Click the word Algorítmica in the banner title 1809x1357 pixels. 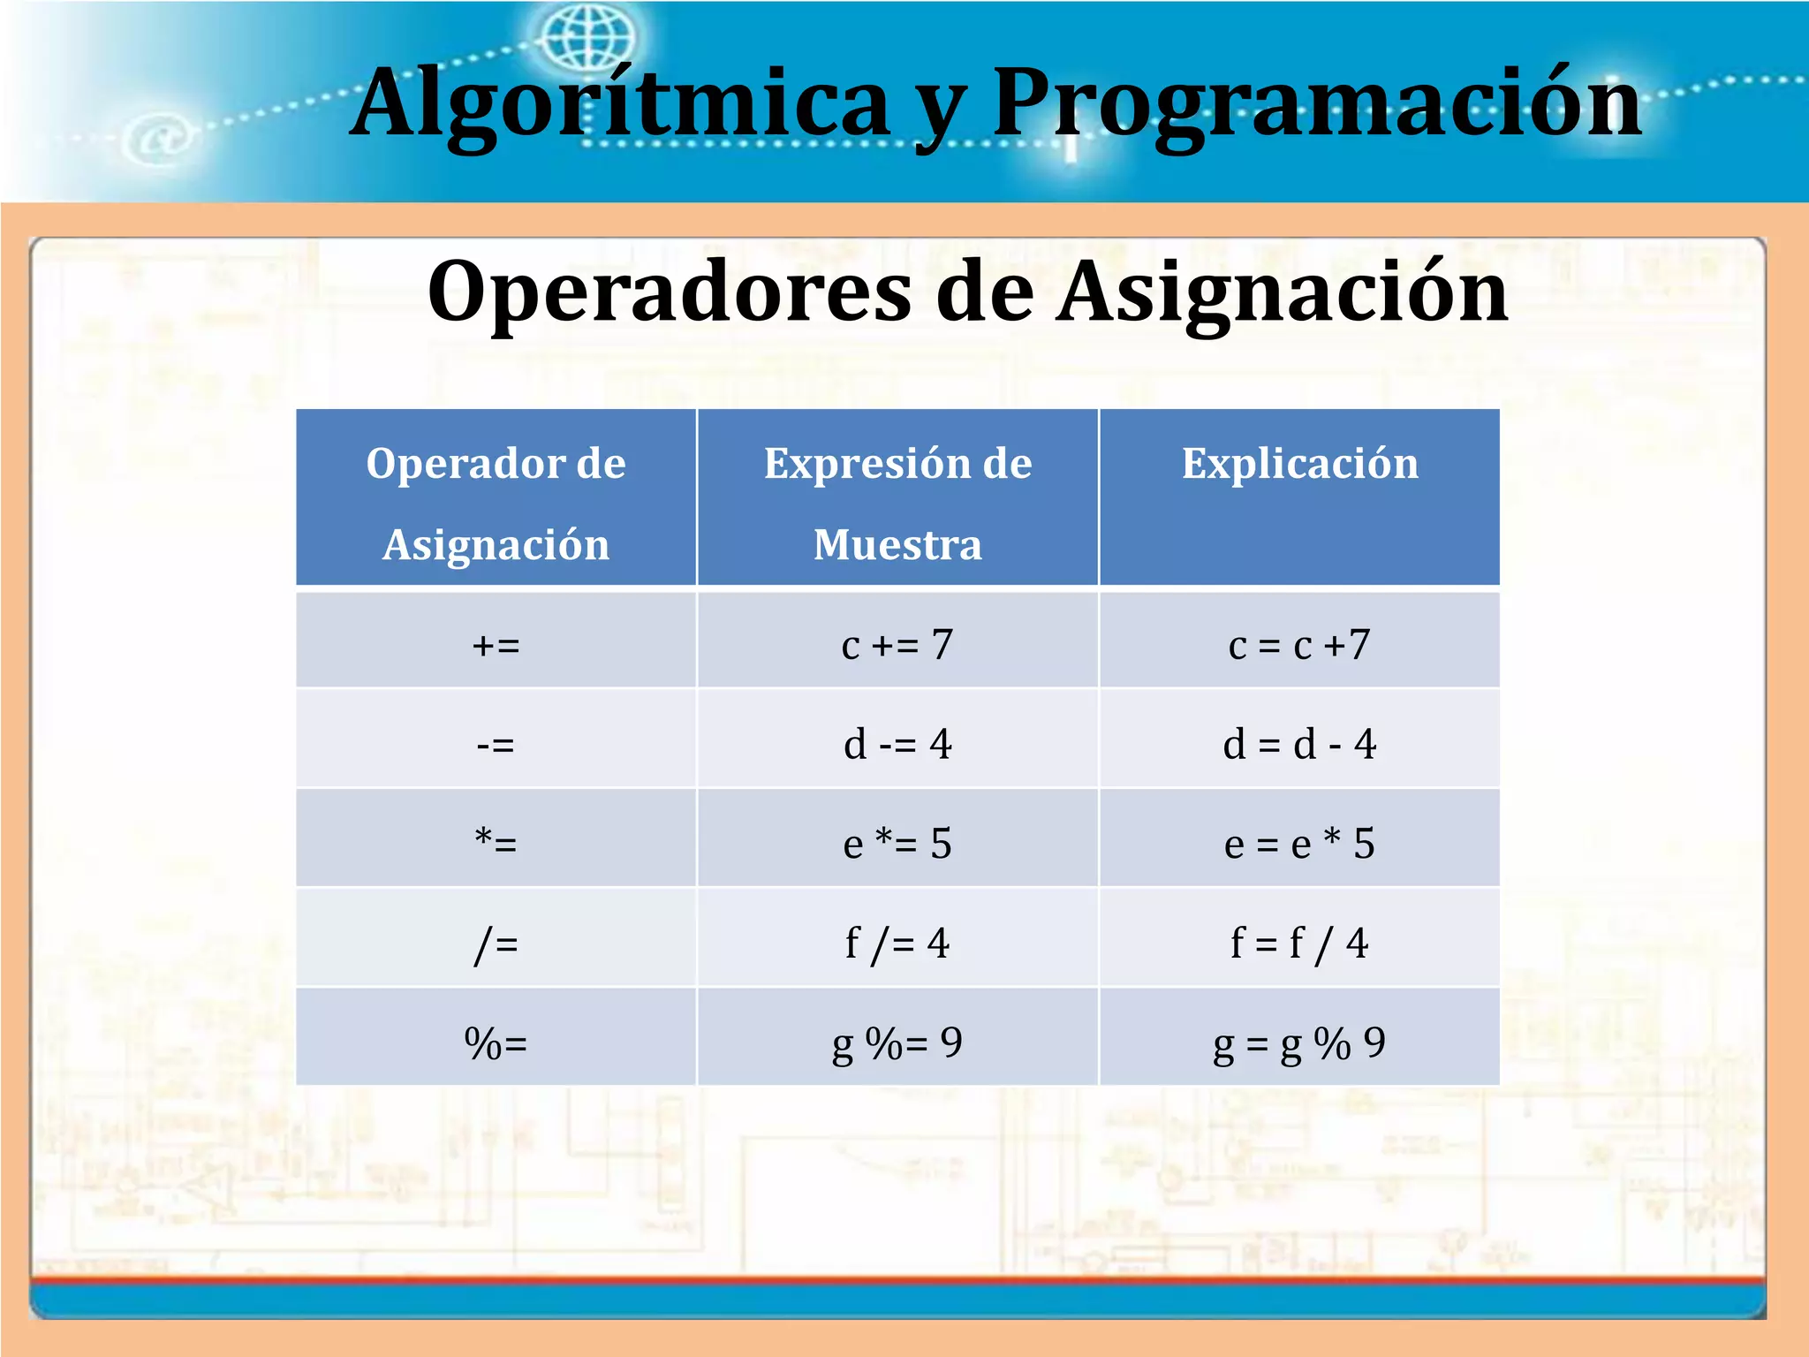618,104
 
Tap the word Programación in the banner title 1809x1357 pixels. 1316,104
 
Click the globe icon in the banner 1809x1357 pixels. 588,40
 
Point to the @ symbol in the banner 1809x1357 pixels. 160,140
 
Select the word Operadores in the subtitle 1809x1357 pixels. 669,292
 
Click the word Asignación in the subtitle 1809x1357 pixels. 1283,292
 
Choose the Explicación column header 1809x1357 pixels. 1299,464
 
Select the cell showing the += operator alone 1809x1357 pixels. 496,645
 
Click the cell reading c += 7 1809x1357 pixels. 897,645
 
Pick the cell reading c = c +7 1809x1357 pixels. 1299,645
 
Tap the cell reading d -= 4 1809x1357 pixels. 897,744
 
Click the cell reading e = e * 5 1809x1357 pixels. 1299,844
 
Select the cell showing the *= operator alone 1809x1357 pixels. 496,844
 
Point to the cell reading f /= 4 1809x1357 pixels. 897,943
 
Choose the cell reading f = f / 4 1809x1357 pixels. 1299,943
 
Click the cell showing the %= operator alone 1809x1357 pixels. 496,1042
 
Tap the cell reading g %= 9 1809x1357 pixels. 897,1042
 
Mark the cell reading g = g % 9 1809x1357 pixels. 1299,1042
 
